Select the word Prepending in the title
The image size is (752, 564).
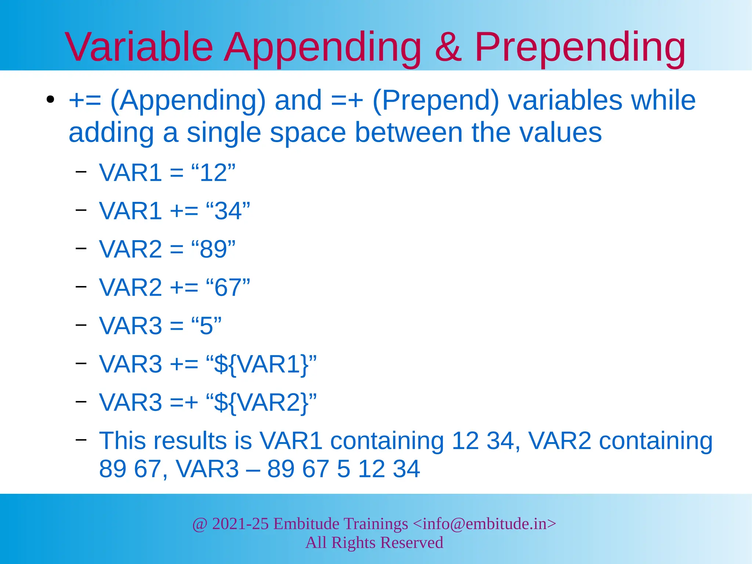pos(580,48)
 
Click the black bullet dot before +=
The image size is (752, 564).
pos(51,100)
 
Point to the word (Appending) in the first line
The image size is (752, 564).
pos(188,101)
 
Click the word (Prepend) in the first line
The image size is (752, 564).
pos(436,101)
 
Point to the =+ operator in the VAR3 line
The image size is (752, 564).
pos(184,402)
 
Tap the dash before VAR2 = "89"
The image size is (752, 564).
pos(81,248)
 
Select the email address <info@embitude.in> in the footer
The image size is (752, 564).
pos(484,523)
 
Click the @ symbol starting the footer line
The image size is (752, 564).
pos(200,524)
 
